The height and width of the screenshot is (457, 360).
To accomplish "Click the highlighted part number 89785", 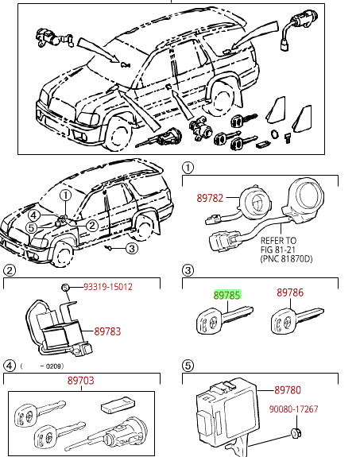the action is coord(227,295).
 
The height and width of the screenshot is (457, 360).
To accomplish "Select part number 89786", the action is coord(290,292).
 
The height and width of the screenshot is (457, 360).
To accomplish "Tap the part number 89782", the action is coord(210,198).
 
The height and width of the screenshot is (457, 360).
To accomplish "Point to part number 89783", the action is coord(107,331).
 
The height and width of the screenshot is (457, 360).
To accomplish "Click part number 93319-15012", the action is coord(108,287).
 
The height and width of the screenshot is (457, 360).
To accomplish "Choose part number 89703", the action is coord(81,381).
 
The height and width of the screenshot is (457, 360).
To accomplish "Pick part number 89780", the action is coord(288,390).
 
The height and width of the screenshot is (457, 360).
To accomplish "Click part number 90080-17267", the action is coord(293,409).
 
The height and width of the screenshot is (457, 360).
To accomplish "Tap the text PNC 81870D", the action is coord(287,259).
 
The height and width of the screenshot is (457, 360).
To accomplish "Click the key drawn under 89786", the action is coord(296,320).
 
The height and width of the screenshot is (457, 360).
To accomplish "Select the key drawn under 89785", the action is coord(224,320).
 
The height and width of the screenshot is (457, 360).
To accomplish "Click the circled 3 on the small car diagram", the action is coord(132,249).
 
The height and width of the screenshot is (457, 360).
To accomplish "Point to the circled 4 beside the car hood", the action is coord(34,215).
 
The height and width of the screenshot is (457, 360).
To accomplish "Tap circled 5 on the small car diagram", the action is coord(32,228).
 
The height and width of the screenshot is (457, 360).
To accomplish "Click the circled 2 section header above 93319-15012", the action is coord(10,270).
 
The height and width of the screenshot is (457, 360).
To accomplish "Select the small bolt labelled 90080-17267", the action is coord(296,433).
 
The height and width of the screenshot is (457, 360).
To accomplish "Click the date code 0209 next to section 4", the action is coord(54,366).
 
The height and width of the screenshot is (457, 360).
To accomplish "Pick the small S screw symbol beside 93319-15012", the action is coord(65,288).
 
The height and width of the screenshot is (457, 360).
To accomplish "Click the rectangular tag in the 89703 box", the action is coord(118,404).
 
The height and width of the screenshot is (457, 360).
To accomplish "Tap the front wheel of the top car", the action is coord(118,134).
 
